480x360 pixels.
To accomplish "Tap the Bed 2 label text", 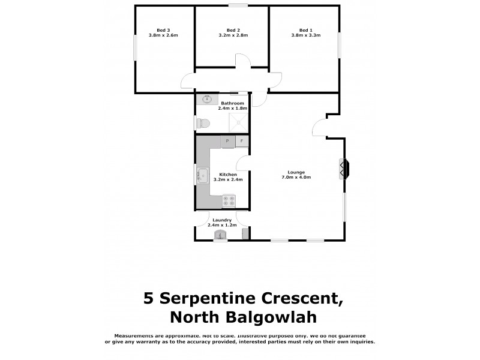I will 233,30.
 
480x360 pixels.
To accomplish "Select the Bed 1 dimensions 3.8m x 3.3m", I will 306,36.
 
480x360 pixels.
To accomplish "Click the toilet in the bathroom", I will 203,122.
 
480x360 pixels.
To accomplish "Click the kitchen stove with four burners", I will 229,200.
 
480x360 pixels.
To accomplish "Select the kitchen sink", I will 203,175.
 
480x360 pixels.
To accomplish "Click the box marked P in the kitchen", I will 227,142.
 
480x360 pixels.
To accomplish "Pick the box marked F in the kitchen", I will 242,142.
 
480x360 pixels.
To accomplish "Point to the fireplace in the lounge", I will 344,168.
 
